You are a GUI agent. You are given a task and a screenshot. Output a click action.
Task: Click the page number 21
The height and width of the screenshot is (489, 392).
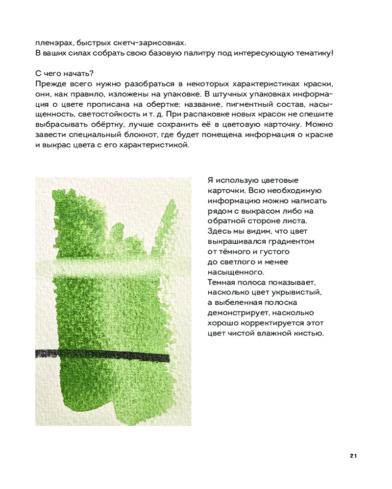[353, 456]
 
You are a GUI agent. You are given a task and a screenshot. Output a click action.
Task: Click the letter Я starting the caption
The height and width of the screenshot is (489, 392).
[211, 180]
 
